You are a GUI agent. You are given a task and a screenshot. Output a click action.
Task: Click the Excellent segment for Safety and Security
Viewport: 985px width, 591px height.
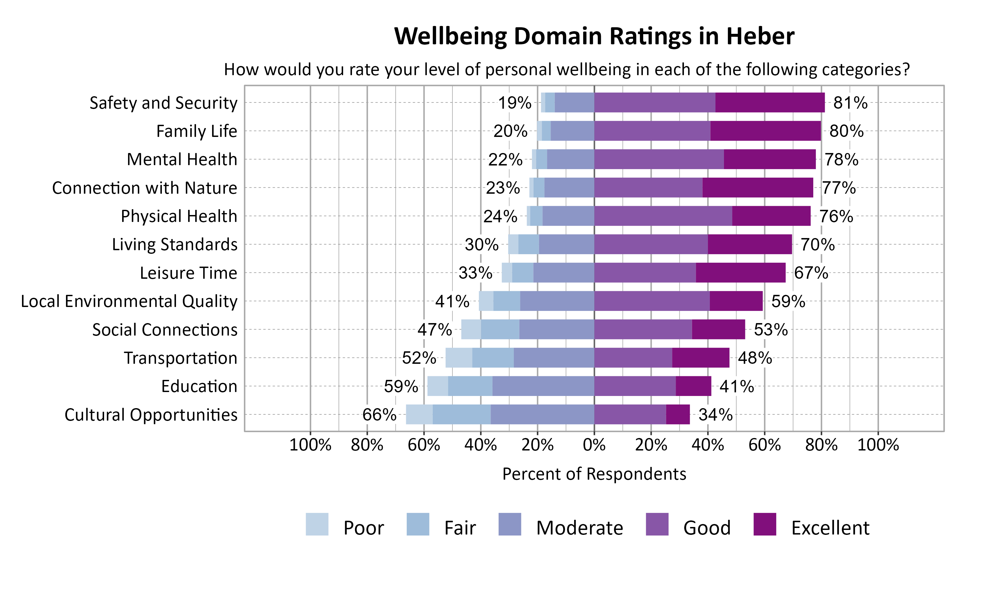[770, 102]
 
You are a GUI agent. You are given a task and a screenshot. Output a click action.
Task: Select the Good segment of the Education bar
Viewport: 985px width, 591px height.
[635, 386]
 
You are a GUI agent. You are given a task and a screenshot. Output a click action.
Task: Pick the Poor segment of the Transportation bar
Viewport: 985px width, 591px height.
[459, 358]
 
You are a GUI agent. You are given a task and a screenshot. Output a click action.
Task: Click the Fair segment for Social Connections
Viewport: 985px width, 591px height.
[500, 329]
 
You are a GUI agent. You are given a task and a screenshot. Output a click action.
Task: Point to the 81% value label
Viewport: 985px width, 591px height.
[850, 103]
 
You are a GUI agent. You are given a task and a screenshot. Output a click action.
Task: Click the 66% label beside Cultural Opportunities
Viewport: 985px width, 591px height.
[379, 415]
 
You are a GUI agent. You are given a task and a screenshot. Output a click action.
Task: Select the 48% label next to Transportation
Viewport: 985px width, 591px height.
[755, 358]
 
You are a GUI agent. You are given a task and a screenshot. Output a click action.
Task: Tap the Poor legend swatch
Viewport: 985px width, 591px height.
[317, 524]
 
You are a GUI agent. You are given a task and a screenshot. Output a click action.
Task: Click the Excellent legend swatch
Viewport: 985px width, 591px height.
[764, 524]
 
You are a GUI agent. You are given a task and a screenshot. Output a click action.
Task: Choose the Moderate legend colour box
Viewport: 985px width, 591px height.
[509, 524]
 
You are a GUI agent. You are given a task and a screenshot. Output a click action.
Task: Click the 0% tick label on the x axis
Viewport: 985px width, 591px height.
[594, 445]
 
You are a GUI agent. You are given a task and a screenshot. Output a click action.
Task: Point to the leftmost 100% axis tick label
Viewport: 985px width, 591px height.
[310, 445]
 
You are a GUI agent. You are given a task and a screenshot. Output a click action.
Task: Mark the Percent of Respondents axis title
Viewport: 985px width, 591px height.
[594, 474]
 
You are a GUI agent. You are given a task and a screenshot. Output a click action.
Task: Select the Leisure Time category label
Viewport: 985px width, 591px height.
[188, 273]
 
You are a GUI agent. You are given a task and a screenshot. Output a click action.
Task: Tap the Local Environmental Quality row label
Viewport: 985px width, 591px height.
[129, 301]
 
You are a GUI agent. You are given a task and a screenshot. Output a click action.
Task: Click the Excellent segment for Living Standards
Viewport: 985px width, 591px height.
[750, 244]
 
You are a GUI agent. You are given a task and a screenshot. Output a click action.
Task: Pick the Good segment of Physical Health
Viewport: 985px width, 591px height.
[663, 216]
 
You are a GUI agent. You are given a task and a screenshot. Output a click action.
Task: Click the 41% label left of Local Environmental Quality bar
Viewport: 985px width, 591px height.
[452, 301]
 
